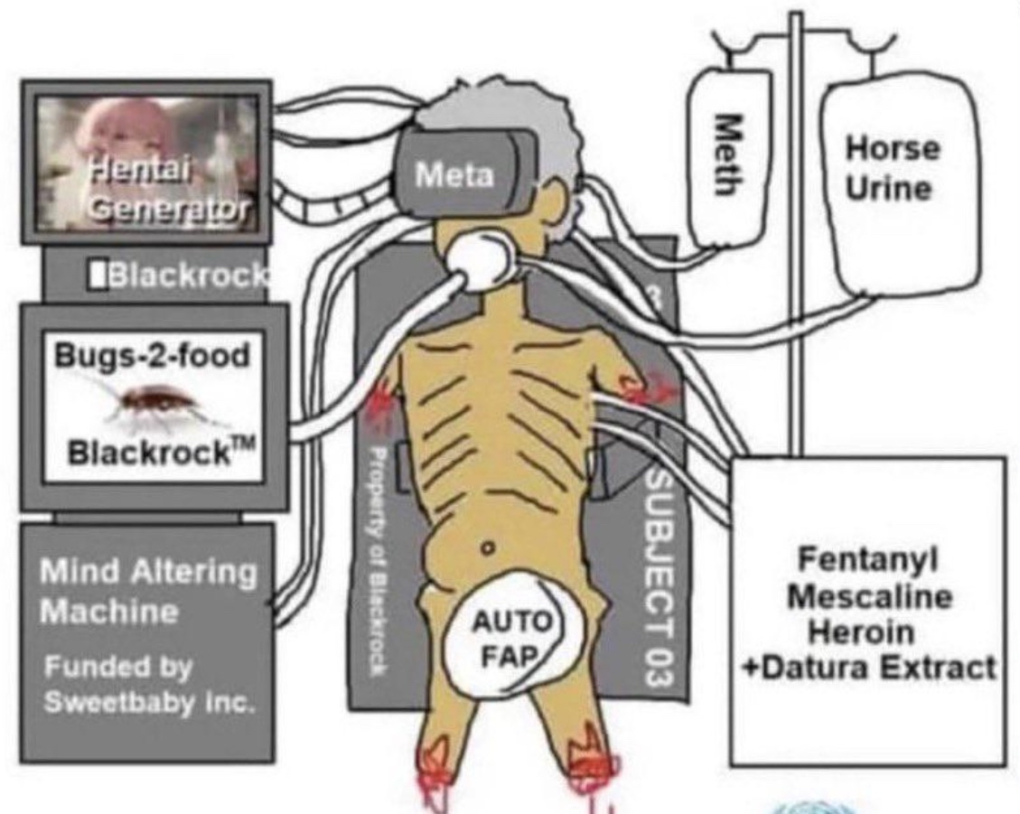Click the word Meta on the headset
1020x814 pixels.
(454, 174)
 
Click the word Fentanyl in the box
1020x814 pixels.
(868, 559)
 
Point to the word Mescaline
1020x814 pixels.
(870, 596)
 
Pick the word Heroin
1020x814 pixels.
(861, 632)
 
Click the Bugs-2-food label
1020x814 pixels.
(152, 356)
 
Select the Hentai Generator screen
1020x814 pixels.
(147, 163)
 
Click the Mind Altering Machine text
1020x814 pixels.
(148, 591)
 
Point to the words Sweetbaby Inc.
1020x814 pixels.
(149, 703)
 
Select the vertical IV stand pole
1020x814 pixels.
(796, 234)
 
